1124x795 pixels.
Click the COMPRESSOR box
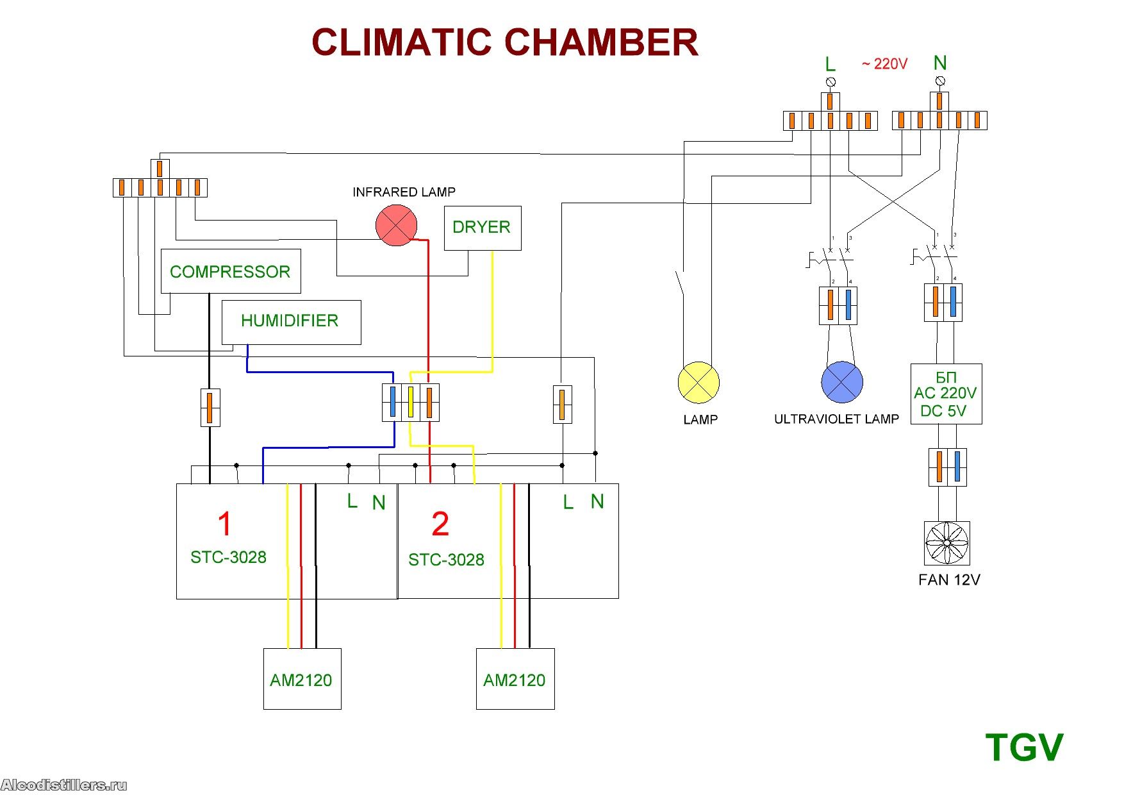pyautogui.click(x=231, y=271)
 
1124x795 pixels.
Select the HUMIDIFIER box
pyautogui.click(x=291, y=322)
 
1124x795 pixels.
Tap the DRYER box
pyautogui.click(x=483, y=228)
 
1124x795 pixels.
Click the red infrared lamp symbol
pyautogui.click(x=396, y=226)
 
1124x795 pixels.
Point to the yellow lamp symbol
pyautogui.click(x=698, y=383)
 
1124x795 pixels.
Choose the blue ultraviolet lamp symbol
pyautogui.click(x=841, y=382)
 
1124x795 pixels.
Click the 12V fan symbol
pyautogui.click(x=946, y=543)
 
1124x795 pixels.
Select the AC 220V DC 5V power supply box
pyautogui.click(x=946, y=394)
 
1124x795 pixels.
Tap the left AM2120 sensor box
pyautogui.click(x=302, y=679)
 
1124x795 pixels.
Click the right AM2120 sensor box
pyautogui.click(x=515, y=679)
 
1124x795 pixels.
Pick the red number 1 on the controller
pyautogui.click(x=224, y=524)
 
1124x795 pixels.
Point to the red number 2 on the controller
pyautogui.click(x=440, y=524)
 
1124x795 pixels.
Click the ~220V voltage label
pyautogui.click(x=884, y=64)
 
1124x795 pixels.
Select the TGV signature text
pyautogui.click(x=1023, y=748)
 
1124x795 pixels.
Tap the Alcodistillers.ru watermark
pyautogui.click(x=64, y=785)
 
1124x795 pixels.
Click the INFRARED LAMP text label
pyautogui.click(x=404, y=192)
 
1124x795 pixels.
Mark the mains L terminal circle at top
pyautogui.click(x=831, y=82)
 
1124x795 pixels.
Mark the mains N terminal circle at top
pyautogui.click(x=940, y=81)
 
